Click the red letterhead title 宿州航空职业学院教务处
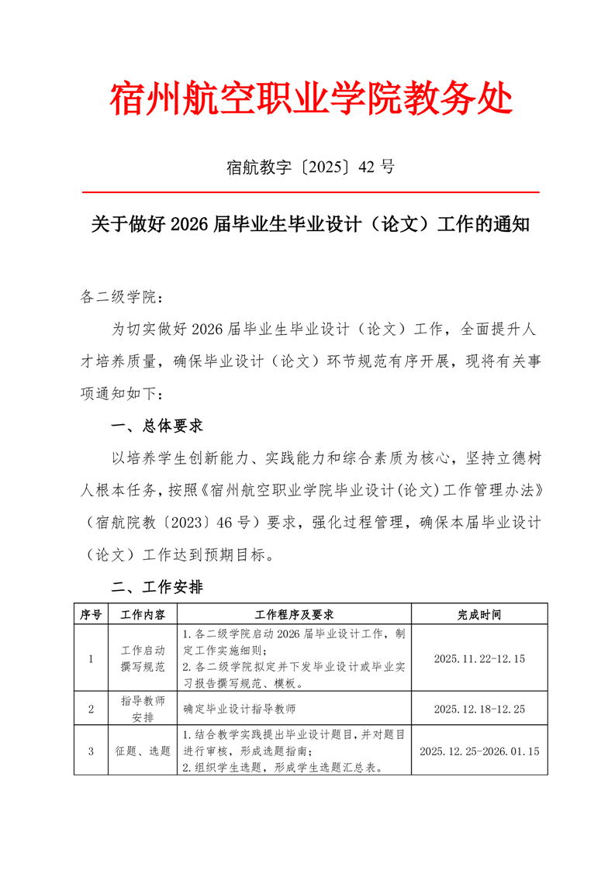point(311,99)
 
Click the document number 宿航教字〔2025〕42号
point(311,166)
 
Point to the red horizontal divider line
point(311,192)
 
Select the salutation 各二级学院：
point(123,297)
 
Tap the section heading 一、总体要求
point(157,426)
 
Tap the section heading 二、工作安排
point(157,588)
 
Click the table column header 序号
point(92,614)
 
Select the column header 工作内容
point(143,614)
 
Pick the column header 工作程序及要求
point(294,614)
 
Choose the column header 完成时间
point(479,614)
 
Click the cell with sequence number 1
point(92,659)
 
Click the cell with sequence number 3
point(92,751)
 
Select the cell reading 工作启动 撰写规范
point(143,659)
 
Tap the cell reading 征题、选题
point(143,751)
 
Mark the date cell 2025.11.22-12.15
point(479,659)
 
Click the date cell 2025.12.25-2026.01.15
point(479,751)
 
